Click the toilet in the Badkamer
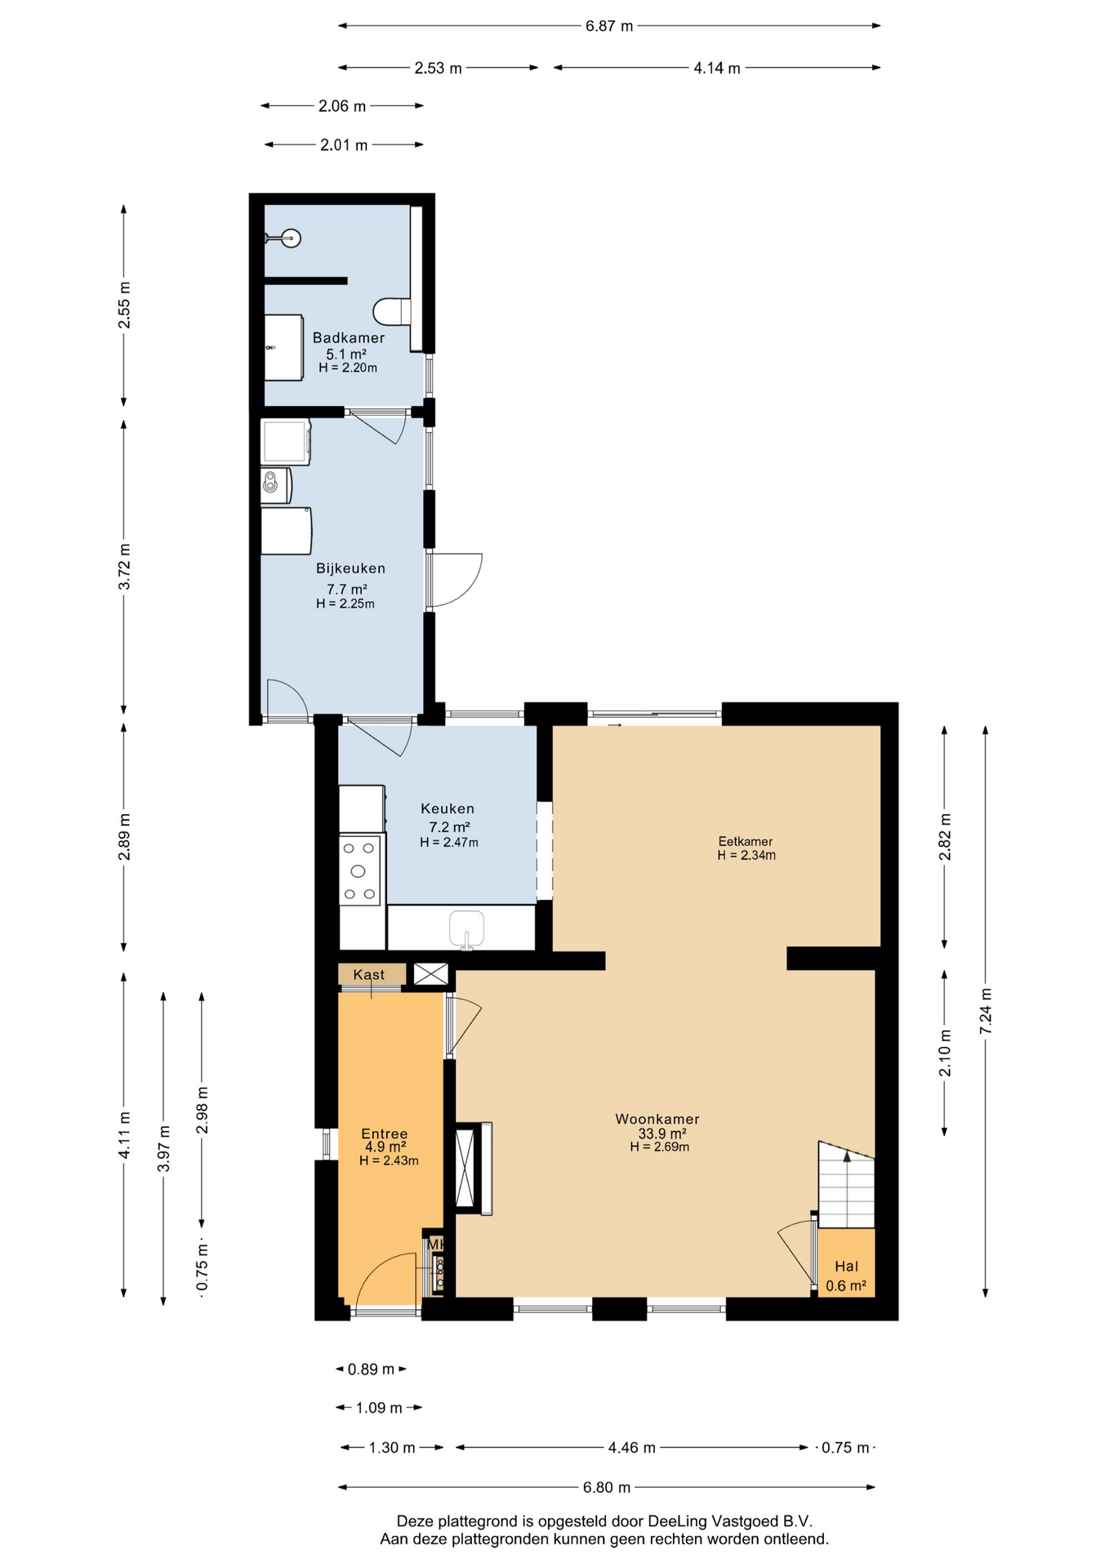pyautogui.click(x=392, y=311)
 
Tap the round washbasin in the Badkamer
pyautogui.click(x=290, y=238)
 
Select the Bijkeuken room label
pyautogui.click(x=350, y=568)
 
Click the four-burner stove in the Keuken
pyautogui.click(x=360, y=869)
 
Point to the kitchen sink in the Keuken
pyautogui.click(x=466, y=929)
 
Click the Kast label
pyautogui.click(x=369, y=974)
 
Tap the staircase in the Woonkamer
pyautogui.click(x=846, y=1184)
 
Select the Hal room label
pyautogui.click(x=846, y=1266)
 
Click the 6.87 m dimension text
pyautogui.click(x=609, y=26)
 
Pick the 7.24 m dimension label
pyautogui.click(x=986, y=1011)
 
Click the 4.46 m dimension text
pyautogui.click(x=632, y=1447)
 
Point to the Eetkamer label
pyautogui.click(x=746, y=841)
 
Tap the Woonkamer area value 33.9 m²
pyautogui.click(x=661, y=1134)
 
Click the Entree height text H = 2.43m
pyautogui.click(x=389, y=1160)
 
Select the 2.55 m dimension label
pyautogui.click(x=124, y=305)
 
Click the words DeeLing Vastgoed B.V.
pyautogui.click(x=730, y=1521)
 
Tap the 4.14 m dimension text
pyautogui.click(x=717, y=69)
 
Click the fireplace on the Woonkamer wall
pyautogui.click(x=474, y=1168)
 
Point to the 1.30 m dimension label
pyautogui.click(x=392, y=1448)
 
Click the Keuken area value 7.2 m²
pyautogui.click(x=449, y=826)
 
